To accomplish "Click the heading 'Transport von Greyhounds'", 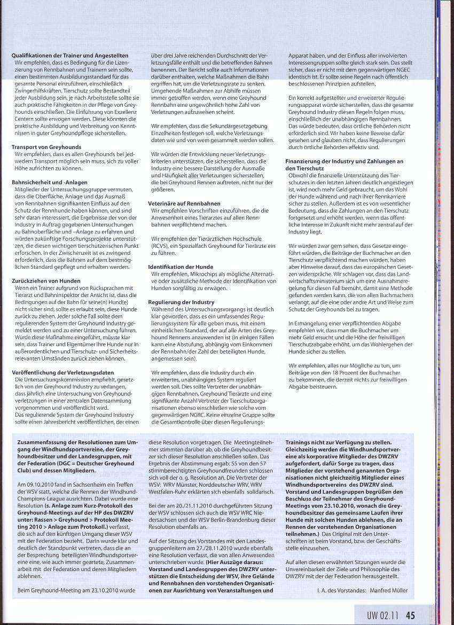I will (46, 146).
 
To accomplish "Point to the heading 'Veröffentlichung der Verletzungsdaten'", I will (61, 371).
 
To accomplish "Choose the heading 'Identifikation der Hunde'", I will (181, 267).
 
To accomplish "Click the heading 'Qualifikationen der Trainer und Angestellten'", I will (70, 56).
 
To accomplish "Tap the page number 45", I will (410, 615).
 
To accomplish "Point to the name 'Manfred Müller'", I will (388, 590).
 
